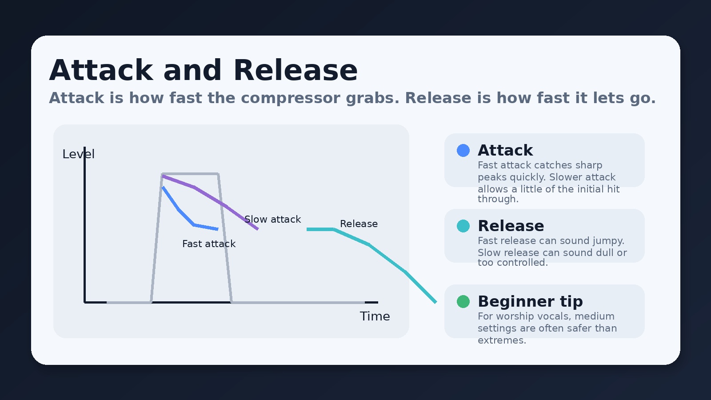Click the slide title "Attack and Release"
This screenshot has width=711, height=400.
pos(203,70)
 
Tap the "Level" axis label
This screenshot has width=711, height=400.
pos(78,154)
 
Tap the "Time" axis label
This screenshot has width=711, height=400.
pos(375,316)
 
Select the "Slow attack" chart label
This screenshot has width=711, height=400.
pos(272,220)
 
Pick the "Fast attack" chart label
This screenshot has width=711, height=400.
pos(208,244)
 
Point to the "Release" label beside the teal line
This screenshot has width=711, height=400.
pos(359,224)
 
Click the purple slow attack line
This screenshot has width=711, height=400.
pos(209,196)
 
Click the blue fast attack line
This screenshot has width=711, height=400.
pos(179,209)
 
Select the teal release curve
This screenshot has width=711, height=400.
pos(387,258)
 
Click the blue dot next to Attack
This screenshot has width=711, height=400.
pos(463,150)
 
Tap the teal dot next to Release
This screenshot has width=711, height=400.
pos(463,226)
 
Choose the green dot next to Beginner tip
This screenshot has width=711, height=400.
pos(463,301)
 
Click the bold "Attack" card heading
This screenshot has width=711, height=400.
pos(505,150)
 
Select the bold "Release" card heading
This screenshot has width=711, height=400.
pos(511,226)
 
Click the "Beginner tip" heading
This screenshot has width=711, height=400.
pos(530,301)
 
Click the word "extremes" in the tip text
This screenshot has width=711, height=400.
pos(501,340)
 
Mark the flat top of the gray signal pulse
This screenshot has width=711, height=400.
pos(190,173)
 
